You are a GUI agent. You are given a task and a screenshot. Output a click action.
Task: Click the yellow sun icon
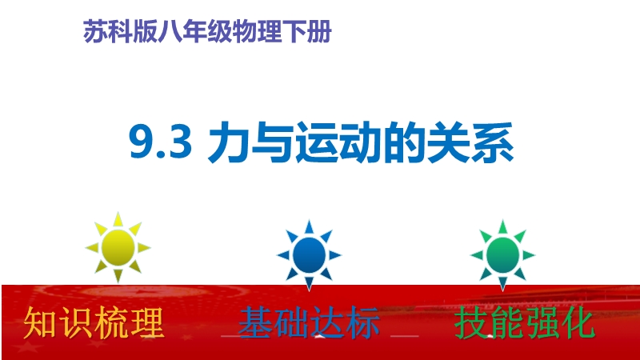point(118,247)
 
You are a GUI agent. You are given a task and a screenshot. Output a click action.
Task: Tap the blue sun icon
point(309,255)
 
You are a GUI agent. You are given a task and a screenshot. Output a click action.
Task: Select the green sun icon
point(502,255)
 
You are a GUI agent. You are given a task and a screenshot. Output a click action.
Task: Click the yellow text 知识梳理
point(94,323)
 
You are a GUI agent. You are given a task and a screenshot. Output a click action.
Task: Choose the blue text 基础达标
point(309,323)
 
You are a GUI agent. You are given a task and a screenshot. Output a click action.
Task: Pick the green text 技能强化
point(525,323)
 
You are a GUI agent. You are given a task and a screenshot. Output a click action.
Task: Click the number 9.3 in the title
point(161,142)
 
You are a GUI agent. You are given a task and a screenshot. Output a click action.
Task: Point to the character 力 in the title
point(228,142)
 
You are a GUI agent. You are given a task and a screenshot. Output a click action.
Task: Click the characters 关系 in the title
point(470,142)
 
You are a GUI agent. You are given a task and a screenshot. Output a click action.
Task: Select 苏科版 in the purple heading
point(120,31)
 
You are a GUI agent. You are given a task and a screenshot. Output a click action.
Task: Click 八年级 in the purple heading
point(194,31)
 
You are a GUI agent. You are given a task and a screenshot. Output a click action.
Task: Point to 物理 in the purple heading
point(257,31)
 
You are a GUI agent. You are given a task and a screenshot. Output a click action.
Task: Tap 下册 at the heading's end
point(306,31)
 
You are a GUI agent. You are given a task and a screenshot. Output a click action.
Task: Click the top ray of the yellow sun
point(118,219)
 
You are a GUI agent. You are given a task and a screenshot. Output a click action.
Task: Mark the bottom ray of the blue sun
point(309,284)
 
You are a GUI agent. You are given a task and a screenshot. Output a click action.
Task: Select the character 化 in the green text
point(578,323)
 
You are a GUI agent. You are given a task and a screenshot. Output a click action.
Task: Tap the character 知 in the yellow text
point(40,323)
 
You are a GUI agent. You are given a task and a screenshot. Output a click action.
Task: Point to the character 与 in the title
point(272,142)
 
